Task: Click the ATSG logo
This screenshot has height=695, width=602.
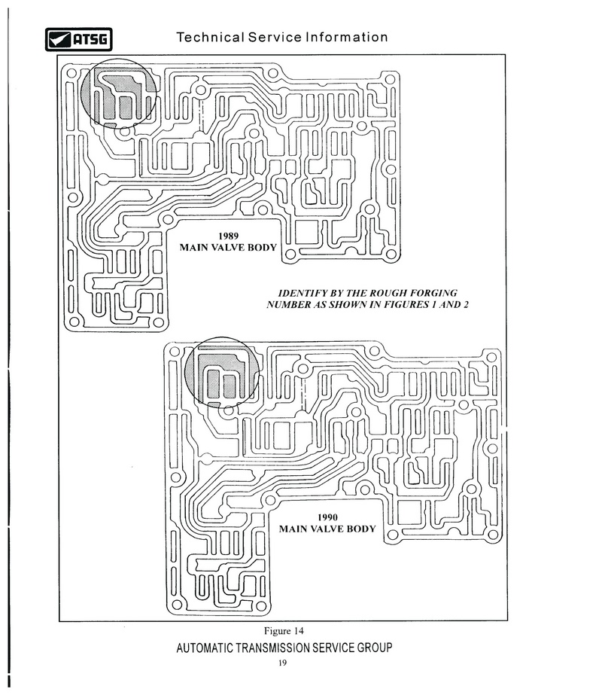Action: pyautogui.click(x=78, y=39)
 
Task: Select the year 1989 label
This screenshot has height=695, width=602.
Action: pyautogui.click(x=228, y=236)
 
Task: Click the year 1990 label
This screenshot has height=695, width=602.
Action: pyautogui.click(x=327, y=517)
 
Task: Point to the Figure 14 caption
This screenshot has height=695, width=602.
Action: pyautogui.click(x=284, y=631)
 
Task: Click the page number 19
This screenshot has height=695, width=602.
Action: pyautogui.click(x=283, y=663)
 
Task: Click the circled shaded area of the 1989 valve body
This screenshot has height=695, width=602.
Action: pyautogui.click(x=118, y=94)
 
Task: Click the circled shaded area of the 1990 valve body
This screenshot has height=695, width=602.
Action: pyautogui.click(x=222, y=371)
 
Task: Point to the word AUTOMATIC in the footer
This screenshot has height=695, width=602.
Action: pyautogui.click(x=204, y=648)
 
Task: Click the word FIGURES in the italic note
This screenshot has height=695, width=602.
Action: pyautogui.click(x=406, y=304)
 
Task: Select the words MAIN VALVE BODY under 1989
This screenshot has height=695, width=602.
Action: pyautogui.click(x=228, y=247)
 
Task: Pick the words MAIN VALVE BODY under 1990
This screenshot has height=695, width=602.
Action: pyautogui.click(x=327, y=529)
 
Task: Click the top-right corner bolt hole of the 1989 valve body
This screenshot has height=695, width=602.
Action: pyautogui.click(x=390, y=80)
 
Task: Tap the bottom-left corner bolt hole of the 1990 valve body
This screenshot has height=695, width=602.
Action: pyautogui.click(x=177, y=604)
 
